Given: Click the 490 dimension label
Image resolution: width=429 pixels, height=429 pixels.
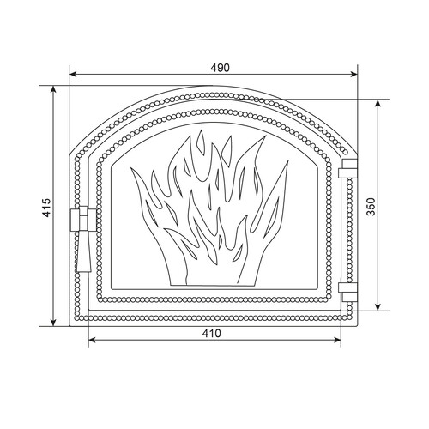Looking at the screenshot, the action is pos(220,68).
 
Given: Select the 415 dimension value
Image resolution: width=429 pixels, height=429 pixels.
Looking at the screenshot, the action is pos(46,208).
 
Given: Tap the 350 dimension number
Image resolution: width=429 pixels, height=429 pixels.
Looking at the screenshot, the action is pos(371,207).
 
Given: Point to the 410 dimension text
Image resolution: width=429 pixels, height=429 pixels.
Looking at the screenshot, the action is pos(212,333).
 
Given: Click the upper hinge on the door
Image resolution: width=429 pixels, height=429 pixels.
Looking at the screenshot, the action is pos(348,169).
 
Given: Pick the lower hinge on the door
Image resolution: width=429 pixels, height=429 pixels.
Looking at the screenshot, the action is pos(348,292).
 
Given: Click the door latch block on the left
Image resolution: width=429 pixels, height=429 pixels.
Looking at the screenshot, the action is pos(83,220).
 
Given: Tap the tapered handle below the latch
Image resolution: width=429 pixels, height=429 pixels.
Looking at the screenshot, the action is pos(83,251).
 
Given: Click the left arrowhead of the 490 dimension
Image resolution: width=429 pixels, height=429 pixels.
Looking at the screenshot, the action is pos(73,75).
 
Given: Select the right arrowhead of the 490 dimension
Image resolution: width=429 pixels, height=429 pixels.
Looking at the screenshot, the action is pos(354,75).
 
